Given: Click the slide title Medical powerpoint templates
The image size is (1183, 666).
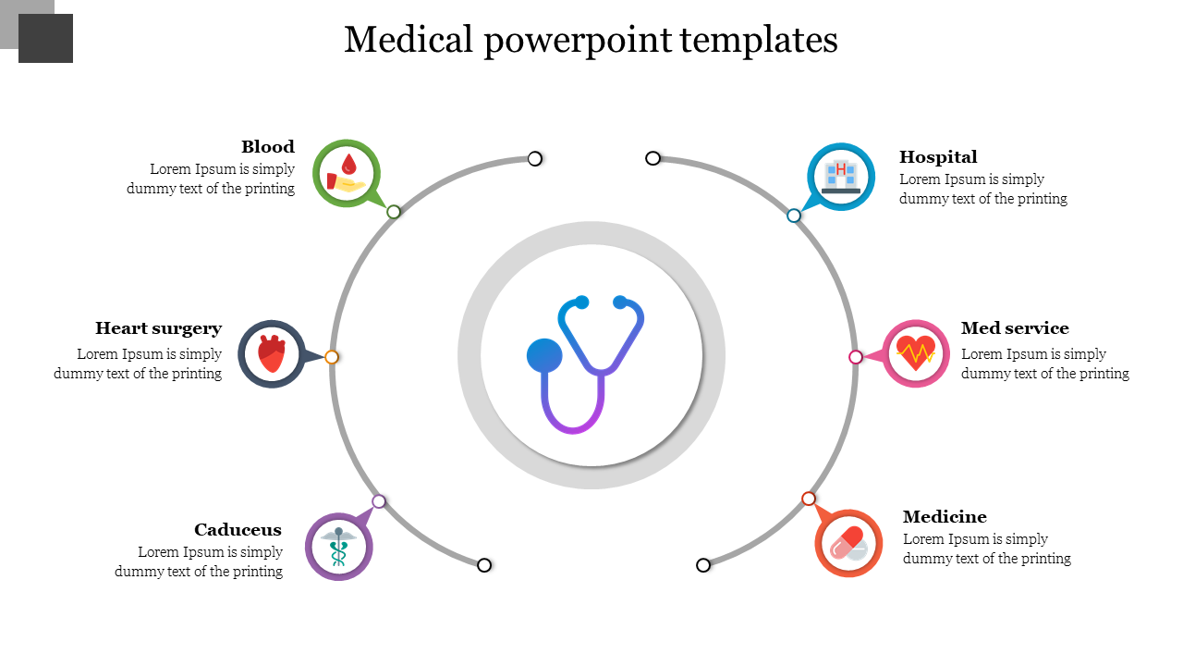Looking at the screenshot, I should click(591, 41).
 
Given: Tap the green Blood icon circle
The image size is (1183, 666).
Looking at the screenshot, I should click(347, 173).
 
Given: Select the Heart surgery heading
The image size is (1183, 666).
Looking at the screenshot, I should click(158, 328).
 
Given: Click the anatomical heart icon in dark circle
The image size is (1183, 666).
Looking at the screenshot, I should click(272, 354).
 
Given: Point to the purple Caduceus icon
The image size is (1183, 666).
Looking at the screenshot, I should click(339, 547).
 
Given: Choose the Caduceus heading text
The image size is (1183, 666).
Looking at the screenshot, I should click(238, 530).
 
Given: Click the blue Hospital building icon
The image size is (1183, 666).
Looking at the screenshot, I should click(841, 177).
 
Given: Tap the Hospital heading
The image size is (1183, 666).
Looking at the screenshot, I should click(938, 157).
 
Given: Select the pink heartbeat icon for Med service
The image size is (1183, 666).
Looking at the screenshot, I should click(916, 353).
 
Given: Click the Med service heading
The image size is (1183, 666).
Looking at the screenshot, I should click(1015, 328).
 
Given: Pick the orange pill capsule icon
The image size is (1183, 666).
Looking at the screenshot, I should click(848, 543).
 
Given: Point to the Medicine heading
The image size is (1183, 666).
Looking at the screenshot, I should click(945, 517).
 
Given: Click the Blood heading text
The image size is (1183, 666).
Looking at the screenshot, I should click(268, 147).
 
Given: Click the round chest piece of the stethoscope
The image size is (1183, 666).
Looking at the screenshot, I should click(544, 356).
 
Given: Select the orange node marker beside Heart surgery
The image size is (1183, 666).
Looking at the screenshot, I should click(332, 357).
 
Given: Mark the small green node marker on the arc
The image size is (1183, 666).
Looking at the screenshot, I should click(394, 212).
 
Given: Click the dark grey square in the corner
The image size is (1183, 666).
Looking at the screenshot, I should click(45, 39).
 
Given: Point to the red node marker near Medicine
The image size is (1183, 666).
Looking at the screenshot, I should click(809, 499).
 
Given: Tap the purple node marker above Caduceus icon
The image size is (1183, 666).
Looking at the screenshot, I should click(379, 501).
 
